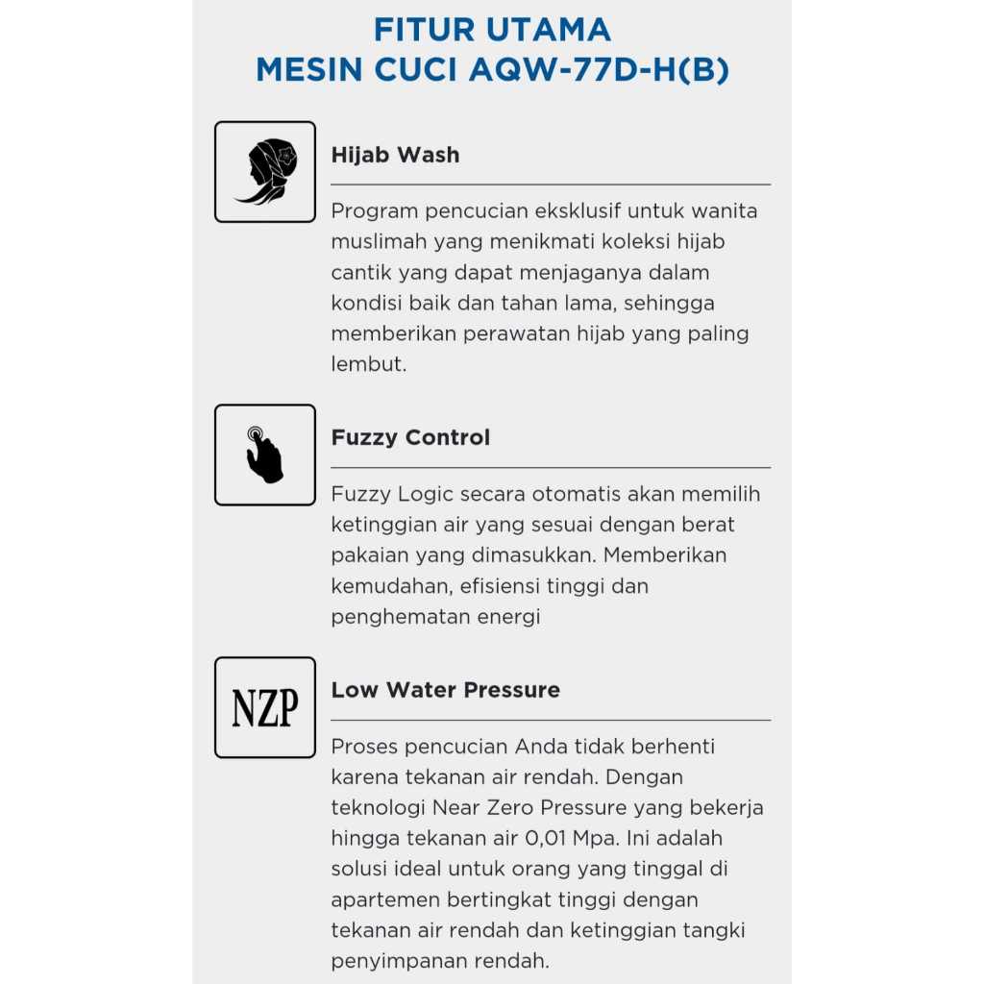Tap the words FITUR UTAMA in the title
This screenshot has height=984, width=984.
492,30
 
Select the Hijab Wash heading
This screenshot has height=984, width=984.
395,155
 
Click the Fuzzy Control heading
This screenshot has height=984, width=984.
410,437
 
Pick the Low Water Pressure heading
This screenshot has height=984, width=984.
445,690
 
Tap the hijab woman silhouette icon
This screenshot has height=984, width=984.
265,172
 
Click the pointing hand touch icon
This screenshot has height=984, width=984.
264,455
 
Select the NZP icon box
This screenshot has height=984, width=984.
265,708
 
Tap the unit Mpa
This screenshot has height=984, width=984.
596,838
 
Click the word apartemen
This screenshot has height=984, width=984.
382,899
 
